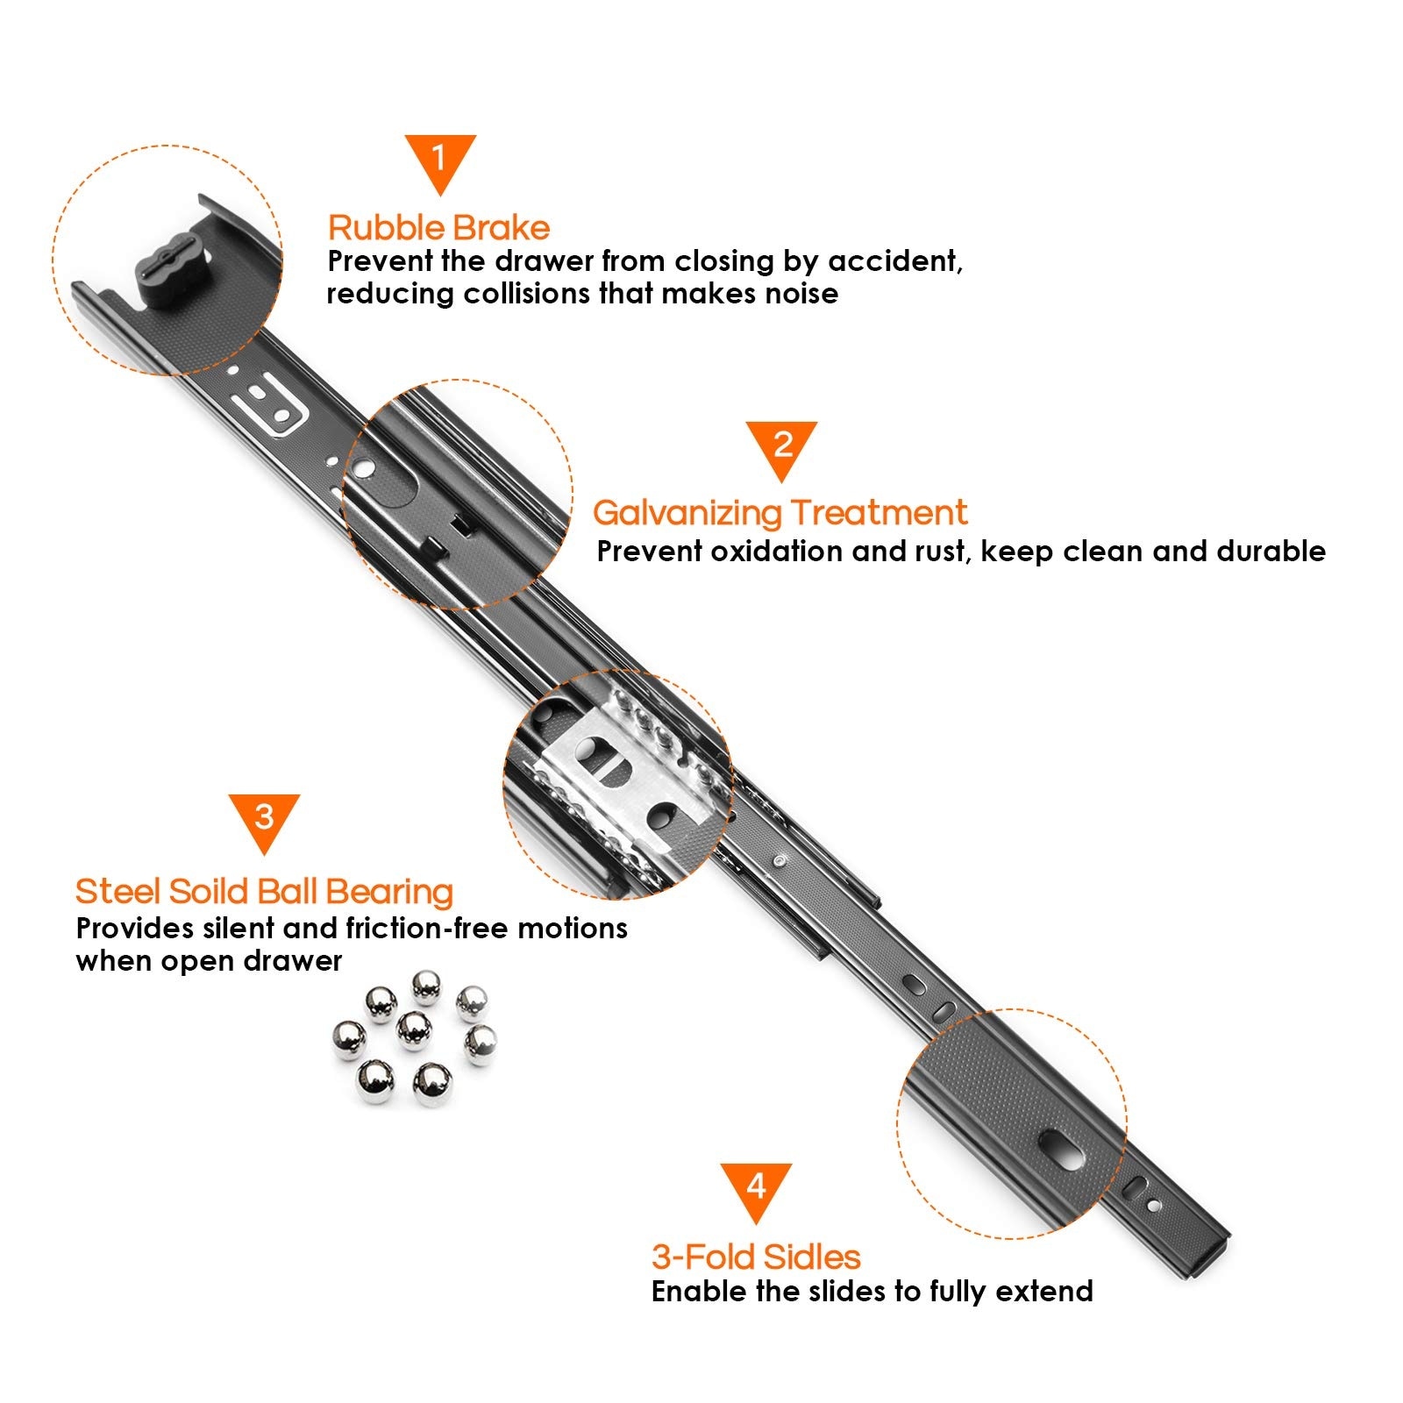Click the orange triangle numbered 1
pyautogui.click(x=440, y=160)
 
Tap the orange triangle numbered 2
pyautogui.click(x=782, y=447)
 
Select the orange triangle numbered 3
pyautogui.click(x=264, y=820)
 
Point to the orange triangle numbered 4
pyautogui.click(x=756, y=1189)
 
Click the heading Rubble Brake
pyautogui.click(x=438, y=228)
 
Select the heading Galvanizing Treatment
pyautogui.click(x=780, y=513)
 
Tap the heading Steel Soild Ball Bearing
pyautogui.click(x=264, y=892)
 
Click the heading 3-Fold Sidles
pyautogui.click(x=756, y=1257)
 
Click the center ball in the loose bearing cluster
pyautogui.click(x=414, y=1030)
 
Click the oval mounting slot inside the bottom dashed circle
pyautogui.click(x=1062, y=1150)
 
